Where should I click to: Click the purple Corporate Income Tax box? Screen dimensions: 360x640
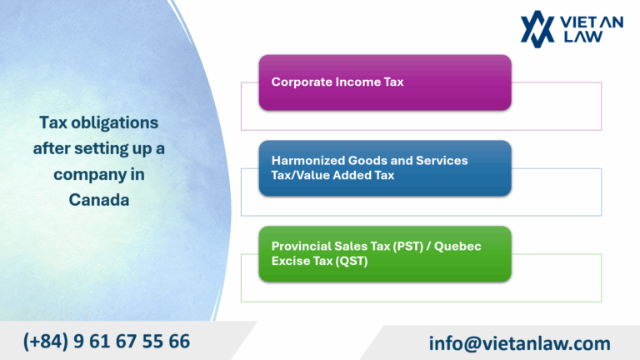[x=384, y=82]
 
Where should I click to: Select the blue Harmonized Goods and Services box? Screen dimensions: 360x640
[x=384, y=167]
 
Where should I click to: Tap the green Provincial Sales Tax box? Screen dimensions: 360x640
[x=384, y=253]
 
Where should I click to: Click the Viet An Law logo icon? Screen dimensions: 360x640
[x=537, y=28]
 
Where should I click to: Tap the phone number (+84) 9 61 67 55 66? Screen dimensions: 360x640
[x=107, y=341]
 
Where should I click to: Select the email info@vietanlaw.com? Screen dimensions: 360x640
[x=519, y=342]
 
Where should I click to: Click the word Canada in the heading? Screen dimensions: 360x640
[x=99, y=200]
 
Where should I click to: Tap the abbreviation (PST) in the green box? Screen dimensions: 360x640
[x=407, y=247]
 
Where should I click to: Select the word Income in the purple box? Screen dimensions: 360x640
[x=357, y=82]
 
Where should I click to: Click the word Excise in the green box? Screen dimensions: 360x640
[x=290, y=261]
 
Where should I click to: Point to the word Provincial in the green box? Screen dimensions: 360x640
[x=300, y=247]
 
